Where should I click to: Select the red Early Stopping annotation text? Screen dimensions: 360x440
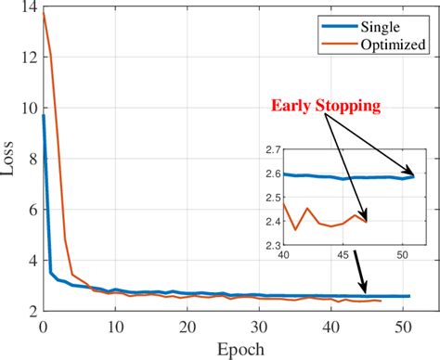[x=326, y=106]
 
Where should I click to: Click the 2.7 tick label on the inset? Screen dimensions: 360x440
[x=272, y=149]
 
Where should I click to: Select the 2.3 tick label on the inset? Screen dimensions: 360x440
[x=272, y=246]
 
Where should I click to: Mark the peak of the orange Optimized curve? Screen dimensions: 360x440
[x=44, y=13]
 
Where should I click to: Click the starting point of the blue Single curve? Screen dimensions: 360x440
[x=43, y=116]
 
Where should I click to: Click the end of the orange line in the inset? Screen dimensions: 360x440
[x=367, y=221]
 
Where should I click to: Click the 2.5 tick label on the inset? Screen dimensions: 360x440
[x=272, y=198]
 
